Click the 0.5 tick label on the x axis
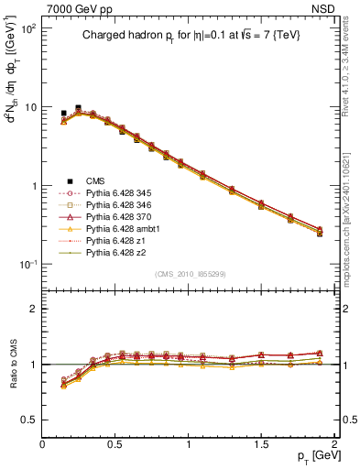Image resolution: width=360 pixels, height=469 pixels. (115, 443)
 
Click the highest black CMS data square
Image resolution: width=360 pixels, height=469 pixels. (78, 108)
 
